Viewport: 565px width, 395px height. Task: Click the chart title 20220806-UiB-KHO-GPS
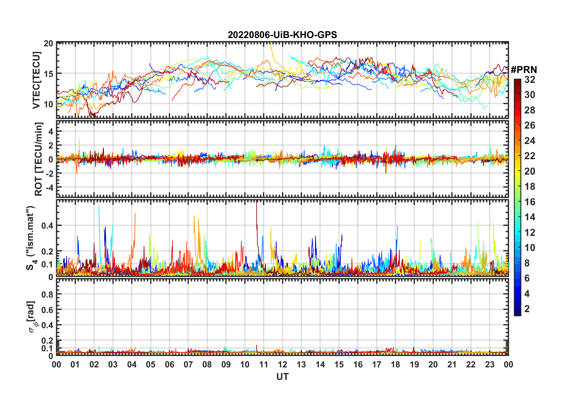pyautogui.click(x=282, y=35)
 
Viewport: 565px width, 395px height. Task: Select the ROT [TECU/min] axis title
pyautogui.click(x=39, y=159)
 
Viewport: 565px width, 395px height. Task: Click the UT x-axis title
pyautogui.click(x=282, y=377)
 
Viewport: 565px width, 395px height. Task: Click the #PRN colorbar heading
pyautogui.click(x=524, y=70)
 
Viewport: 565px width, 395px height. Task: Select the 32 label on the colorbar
pyautogui.click(x=530, y=80)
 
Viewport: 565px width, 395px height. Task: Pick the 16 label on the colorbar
pyautogui.click(x=530, y=202)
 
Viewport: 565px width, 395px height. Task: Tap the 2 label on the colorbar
pyautogui.click(x=527, y=309)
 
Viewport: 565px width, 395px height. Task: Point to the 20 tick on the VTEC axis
pyautogui.click(x=48, y=43)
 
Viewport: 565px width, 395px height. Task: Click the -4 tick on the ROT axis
pyautogui.click(x=50, y=187)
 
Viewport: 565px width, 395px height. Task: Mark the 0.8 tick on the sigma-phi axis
pyautogui.click(x=47, y=294)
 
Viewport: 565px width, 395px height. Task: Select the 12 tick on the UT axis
pyautogui.click(x=282, y=364)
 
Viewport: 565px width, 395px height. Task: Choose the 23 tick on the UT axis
pyautogui.click(x=489, y=364)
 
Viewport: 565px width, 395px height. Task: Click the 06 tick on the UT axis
pyautogui.click(x=169, y=364)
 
